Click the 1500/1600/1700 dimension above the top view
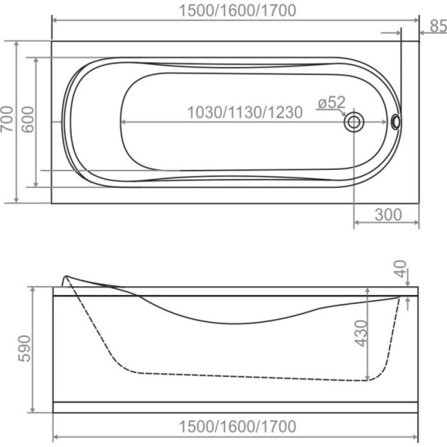(x=237, y=10)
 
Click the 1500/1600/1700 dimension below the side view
(x=237, y=426)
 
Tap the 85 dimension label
(x=439, y=25)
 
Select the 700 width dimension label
(x=8, y=119)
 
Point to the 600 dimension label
(x=28, y=120)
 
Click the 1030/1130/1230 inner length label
(x=245, y=112)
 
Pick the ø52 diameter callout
(x=331, y=102)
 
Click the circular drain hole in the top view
(x=353, y=122)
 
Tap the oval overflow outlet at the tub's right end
(x=395, y=122)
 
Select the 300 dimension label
(x=389, y=215)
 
